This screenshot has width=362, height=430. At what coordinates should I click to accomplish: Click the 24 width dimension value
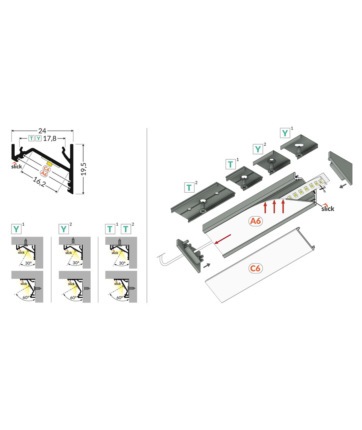coord(42,131)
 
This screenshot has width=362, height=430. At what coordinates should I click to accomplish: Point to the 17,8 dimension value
coord(50,139)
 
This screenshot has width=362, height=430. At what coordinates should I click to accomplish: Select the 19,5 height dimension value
coord(84,169)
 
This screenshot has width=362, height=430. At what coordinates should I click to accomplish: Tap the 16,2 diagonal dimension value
coord(39,182)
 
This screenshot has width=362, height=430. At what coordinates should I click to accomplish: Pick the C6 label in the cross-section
coord(47,169)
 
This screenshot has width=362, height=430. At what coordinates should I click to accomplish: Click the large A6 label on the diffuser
coord(255,221)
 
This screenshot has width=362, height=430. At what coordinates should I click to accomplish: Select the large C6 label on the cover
coord(255,268)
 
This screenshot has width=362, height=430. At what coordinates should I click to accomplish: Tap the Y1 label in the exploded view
coord(287,133)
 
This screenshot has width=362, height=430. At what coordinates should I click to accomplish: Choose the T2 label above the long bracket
coord(191,188)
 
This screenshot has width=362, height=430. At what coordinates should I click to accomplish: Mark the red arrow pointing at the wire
coord(223,238)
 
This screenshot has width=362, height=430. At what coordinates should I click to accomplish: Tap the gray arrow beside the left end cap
coord(207,265)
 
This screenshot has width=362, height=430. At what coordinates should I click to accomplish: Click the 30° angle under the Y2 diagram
coord(76,263)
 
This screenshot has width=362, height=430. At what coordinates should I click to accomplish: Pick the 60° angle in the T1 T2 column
coord(120,297)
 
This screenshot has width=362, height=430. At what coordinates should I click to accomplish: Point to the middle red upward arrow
coord(274,207)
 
